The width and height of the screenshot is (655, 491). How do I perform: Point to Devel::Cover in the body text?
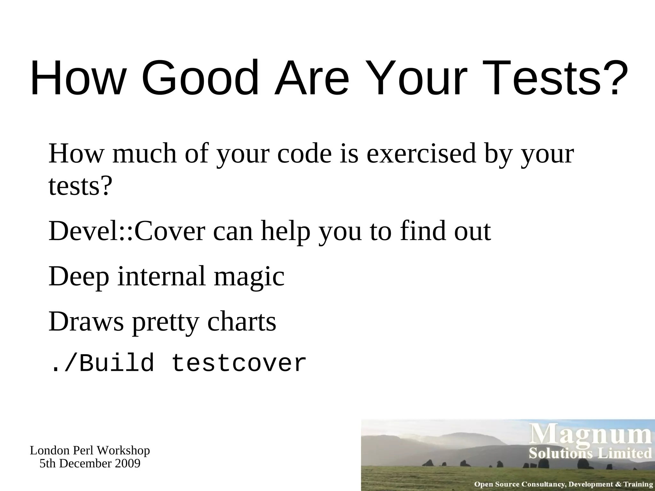tap(127, 231)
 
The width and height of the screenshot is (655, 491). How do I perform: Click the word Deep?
tap(79, 277)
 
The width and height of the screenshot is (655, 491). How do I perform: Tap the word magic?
tap(249, 277)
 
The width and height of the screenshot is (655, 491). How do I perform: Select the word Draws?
tap(86, 322)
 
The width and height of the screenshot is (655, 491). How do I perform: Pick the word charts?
tap(241, 322)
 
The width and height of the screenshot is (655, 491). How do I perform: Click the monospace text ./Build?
tap(101, 363)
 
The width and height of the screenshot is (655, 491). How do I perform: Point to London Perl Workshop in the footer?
tap(90, 451)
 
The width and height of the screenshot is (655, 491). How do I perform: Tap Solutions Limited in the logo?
tap(590, 454)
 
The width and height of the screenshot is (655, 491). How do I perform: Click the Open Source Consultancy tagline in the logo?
tap(563, 484)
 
